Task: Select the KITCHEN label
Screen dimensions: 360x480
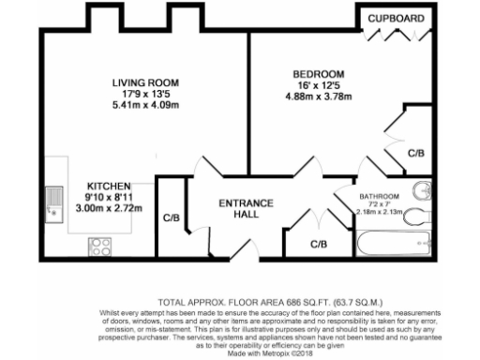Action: (x=108, y=187)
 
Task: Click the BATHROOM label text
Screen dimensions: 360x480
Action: (x=380, y=196)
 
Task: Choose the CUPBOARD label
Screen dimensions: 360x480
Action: (x=394, y=18)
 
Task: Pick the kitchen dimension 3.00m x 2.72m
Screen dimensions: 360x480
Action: (x=109, y=209)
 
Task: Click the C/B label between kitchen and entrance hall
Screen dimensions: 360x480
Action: (x=171, y=218)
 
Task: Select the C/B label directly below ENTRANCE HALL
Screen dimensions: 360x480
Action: (x=319, y=245)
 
